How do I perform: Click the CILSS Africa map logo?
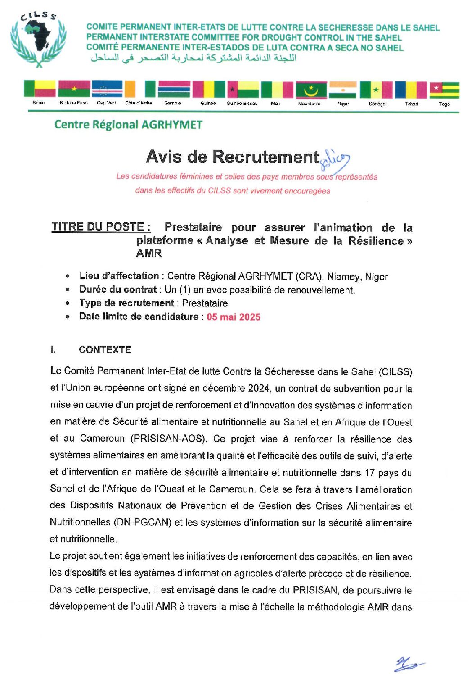click(x=39, y=40)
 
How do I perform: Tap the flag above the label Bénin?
click(x=40, y=89)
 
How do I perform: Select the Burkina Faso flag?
click(x=74, y=89)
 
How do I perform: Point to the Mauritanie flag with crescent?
click(x=310, y=89)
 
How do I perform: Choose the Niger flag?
click(x=343, y=89)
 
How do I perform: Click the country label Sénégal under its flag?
click(x=377, y=104)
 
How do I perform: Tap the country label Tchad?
click(x=411, y=104)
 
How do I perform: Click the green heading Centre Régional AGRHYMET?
click(x=128, y=125)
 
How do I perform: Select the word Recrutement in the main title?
click(x=265, y=157)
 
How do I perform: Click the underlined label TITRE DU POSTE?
click(x=101, y=227)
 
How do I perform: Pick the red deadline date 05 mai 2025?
click(x=234, y=317)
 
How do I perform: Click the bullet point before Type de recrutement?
click(x=67, y=303)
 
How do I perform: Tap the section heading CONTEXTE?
click(x=105, y=350)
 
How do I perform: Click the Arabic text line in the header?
click(x=193, y=58)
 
